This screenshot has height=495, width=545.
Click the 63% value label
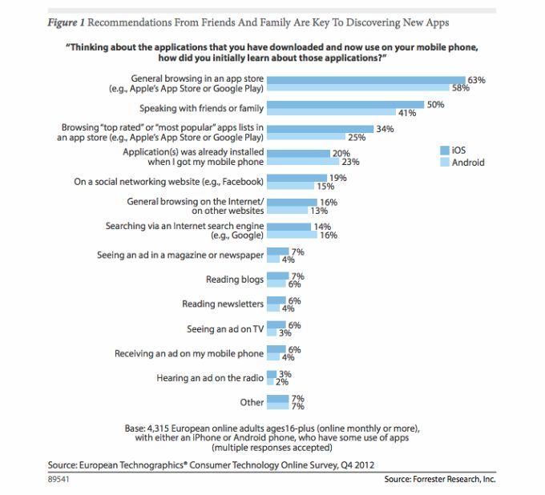[476, 80]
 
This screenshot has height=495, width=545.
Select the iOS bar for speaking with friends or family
[345, 104]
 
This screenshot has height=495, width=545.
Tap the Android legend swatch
[445, 163]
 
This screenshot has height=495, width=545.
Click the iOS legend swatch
[445, 150]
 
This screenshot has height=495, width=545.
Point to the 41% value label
[407, 113]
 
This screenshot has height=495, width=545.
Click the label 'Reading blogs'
[233, 280]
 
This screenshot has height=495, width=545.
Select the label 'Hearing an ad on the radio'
[210, 377]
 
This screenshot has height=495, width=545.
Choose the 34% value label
[384, 128]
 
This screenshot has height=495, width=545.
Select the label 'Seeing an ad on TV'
[224, 328]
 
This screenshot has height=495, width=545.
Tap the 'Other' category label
[252, 402]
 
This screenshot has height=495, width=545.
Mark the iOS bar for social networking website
[297, 177]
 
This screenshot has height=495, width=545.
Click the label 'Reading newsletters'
[222, 304]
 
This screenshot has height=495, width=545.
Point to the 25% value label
[357, 137]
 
